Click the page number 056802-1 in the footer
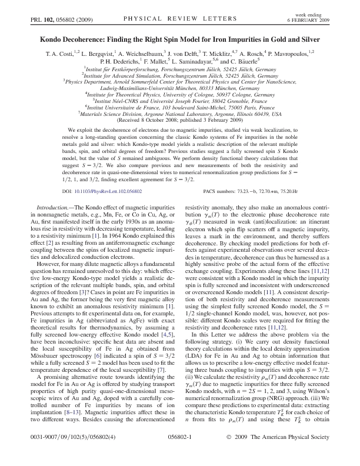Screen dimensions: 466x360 tap(181, 455)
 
